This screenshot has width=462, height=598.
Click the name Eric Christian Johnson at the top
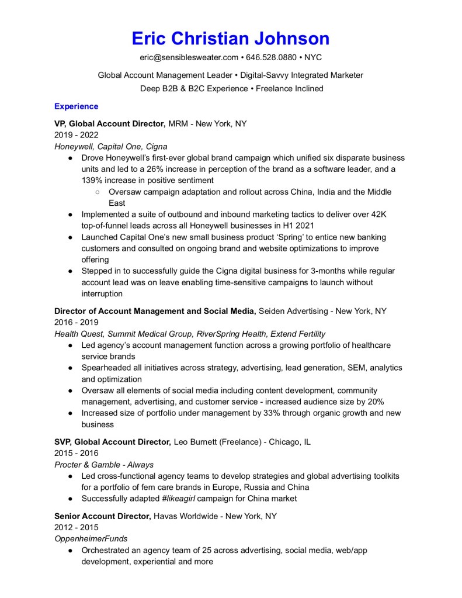coord(231,39)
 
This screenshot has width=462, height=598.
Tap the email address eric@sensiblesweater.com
coord(189,57)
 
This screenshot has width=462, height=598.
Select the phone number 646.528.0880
coord(271,57)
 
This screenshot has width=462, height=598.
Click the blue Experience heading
coord(76,106)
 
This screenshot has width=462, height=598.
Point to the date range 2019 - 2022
coord(76,135)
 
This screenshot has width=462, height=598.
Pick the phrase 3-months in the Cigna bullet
coord(330,271)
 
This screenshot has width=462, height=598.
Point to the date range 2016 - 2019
coord(76,322)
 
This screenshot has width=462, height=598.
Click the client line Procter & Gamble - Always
coord(104,465)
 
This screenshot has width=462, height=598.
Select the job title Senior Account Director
coord(103,516)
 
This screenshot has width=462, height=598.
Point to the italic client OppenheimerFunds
coord(91,539)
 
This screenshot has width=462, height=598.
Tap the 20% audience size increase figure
coord(375,402)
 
